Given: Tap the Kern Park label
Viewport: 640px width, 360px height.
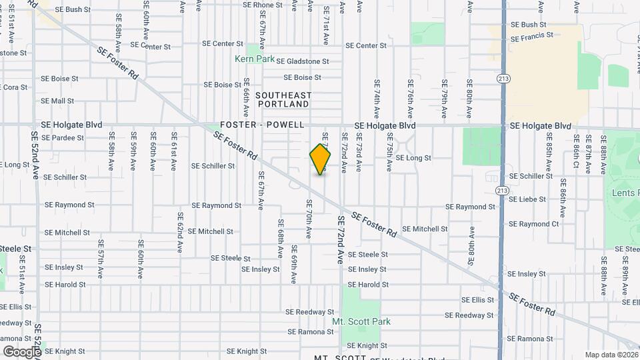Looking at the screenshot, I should (255, 59).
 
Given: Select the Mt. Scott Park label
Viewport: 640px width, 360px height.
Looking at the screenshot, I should (361, 321).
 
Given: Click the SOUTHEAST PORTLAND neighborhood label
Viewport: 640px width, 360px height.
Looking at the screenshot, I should (283, 100).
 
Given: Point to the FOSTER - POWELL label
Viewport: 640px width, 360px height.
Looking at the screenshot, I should (263, 125).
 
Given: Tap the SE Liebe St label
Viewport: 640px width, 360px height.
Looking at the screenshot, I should (529, 199).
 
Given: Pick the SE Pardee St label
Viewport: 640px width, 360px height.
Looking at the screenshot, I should (63, 138).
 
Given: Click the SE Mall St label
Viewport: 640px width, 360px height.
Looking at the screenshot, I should (57, 101).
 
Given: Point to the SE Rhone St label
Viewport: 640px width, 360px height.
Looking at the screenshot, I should (263, 5).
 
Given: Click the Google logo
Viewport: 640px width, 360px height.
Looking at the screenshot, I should (21, 351).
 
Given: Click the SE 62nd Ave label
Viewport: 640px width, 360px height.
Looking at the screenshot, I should (180, 232).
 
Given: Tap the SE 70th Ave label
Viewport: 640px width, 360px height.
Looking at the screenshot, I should (309, 219).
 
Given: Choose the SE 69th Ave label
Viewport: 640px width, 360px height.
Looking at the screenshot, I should (294, 264).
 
